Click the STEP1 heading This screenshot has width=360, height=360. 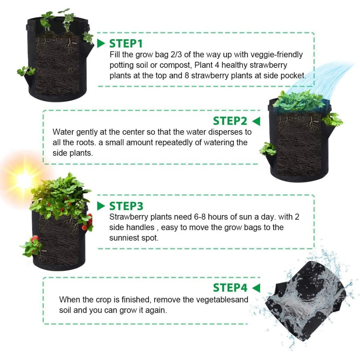coord(126,44)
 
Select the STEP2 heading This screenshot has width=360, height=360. coord(230,121)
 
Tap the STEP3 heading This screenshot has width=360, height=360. coord(126,206)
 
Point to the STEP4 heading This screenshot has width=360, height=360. coord(230,288)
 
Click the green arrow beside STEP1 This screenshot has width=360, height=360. coord(101,44)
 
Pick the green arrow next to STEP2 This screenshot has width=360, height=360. coord(256,121)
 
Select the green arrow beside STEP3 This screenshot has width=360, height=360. coord(101,206)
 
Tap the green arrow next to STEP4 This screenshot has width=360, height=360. coord(256,288)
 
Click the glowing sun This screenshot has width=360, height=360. coord(23,178)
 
